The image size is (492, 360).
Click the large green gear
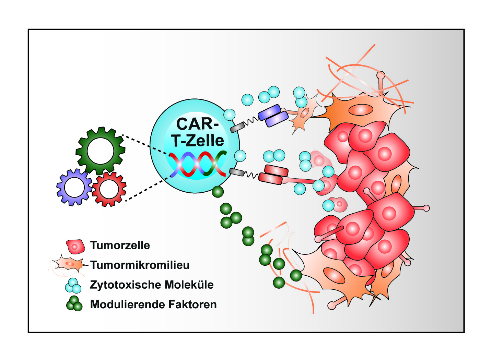[100, 151]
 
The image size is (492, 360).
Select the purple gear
[74, 187]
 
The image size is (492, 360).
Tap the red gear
[109, 189]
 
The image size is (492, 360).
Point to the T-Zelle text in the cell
[198, 141]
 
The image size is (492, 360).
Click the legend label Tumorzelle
[120, 245]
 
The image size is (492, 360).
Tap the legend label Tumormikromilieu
[140, 265]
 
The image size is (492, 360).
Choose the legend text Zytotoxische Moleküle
[152, 285]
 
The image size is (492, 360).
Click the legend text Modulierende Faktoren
[153, 304]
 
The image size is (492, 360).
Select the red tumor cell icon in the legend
[75, 246]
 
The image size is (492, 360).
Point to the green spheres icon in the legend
[74, 304]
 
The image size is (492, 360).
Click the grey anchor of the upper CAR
[237, 128]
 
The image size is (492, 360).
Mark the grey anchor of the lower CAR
[237, 172]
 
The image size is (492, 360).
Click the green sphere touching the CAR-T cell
[218, 192]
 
